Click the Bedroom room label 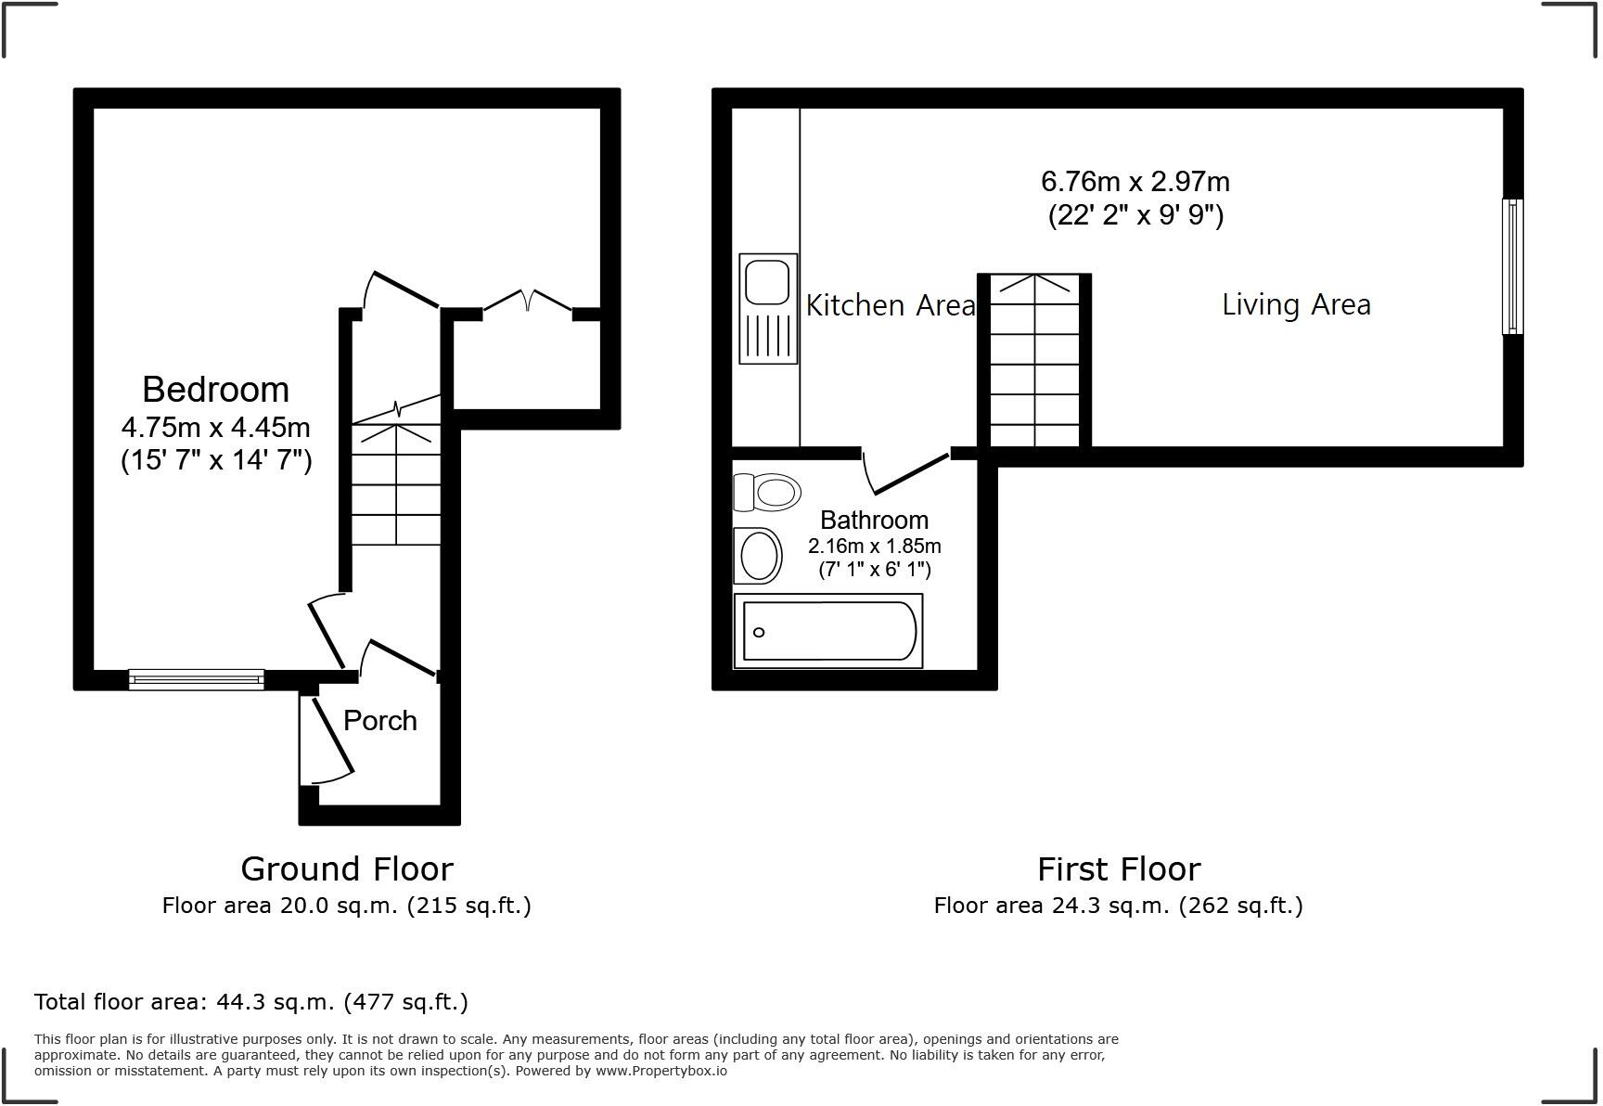click(x=215, y=390)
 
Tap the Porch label click(x=379, y=721)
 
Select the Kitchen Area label click(x=890, y=305)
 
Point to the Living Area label click(x=1295, y=304)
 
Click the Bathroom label click(x=874, y=520)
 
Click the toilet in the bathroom click(x=767, y=492)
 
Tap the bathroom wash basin click(x=758, y=555)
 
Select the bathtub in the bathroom click(x=828, y=631)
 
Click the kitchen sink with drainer click(x=768, y=308)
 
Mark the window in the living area click(x=1512, y=266)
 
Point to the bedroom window click(x=196, y=680)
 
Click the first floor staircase click(x=1034, y=362)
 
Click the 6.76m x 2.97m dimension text click(x=1135, y=181)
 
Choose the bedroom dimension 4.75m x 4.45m click(x=215, y=428)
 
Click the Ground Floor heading click(x=346, y=869)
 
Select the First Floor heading click(x=1118, y=869)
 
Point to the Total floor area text click(x=250, y=1002)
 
